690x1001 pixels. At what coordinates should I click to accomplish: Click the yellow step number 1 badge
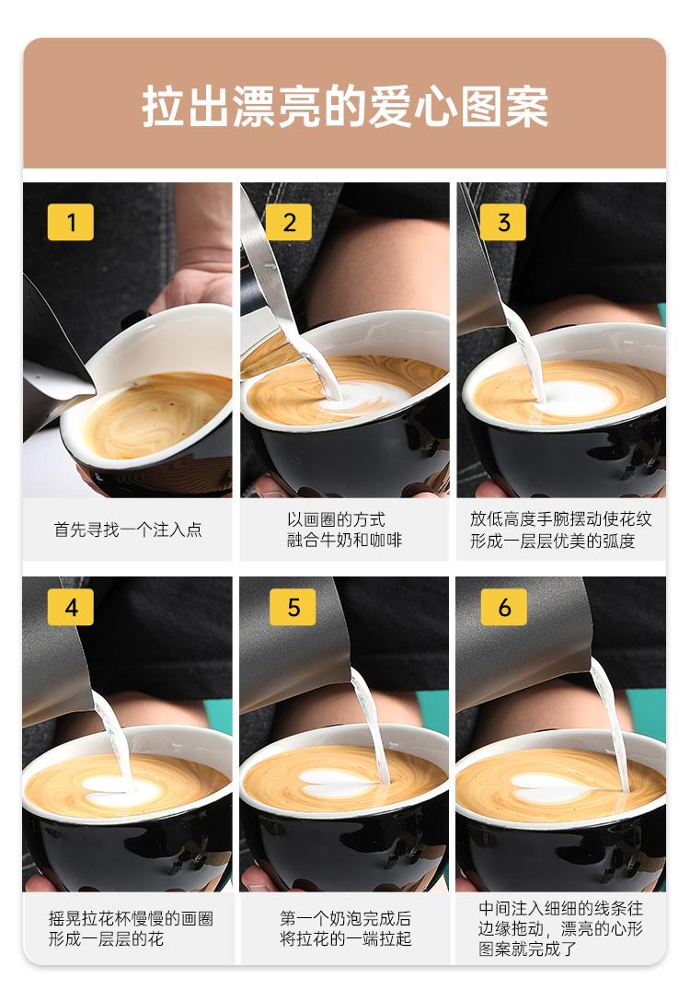click(70, 222)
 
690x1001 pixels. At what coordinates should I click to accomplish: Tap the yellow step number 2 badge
click(289, 222)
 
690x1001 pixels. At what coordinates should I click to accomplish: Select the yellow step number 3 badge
click(503, 222)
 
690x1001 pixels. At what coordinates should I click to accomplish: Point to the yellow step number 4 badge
click(71, 607)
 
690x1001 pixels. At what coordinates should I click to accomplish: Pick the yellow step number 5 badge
click(293, 607)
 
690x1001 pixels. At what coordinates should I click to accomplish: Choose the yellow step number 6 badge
click(504, 607)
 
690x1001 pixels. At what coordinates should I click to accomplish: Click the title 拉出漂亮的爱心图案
click(345, 106)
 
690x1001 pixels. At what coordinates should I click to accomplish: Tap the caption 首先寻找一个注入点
click(128, 530)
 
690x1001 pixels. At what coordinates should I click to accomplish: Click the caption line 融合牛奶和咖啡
click(344, 540)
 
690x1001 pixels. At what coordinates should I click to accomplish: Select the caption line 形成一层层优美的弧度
click(553, 541)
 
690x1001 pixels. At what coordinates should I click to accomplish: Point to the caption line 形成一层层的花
click(106, 938)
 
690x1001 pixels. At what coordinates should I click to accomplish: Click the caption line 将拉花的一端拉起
click(346, 938)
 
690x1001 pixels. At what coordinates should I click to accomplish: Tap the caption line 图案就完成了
click(527, 949)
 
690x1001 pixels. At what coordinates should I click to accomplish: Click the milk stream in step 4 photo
click(113, 740)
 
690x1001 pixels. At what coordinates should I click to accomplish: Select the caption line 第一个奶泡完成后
click(346, 918)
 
